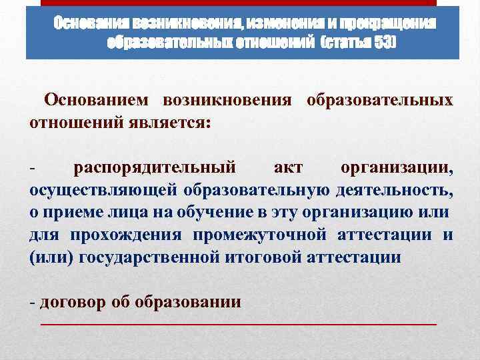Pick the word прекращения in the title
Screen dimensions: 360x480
tap(386, 24)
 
